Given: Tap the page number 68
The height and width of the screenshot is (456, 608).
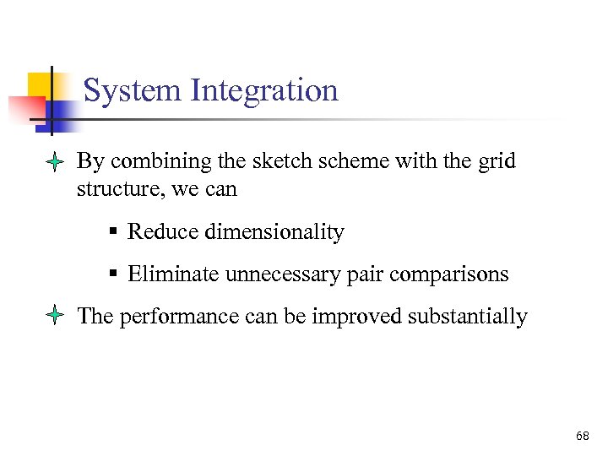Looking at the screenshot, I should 582,436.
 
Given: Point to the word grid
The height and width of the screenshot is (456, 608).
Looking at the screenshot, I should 497,160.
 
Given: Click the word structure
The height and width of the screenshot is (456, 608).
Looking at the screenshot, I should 119,189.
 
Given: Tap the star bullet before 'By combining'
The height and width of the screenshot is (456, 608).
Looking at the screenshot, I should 53,162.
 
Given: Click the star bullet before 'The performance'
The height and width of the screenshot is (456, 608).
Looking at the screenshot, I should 53,318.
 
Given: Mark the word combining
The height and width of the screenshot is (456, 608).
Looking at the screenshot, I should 153,160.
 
